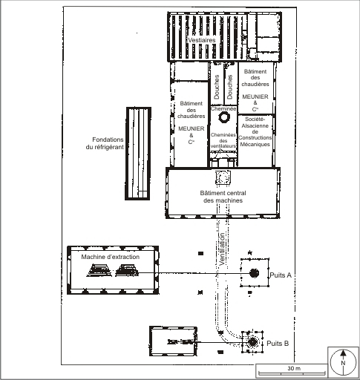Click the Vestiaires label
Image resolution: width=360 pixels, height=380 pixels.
(202, 40)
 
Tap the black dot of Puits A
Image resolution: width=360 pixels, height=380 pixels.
(254, 273)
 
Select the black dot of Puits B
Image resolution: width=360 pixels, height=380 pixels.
(252, 342)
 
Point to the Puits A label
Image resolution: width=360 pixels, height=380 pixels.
(281, 275)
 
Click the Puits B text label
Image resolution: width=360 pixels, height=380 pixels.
(278, 344)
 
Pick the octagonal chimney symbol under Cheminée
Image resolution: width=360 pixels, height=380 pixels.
(224, 117)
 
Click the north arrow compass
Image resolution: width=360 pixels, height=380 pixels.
(343, 363)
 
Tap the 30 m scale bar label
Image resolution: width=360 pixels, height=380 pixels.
(294, 368)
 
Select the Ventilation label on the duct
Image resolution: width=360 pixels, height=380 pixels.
(222, 249)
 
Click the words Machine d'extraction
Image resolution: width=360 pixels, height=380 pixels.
(111, 257)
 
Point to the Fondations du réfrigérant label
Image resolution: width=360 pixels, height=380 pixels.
(105, 143)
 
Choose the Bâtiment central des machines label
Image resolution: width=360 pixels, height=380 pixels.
(223, 197)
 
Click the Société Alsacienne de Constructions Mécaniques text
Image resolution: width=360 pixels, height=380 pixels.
(255, 131)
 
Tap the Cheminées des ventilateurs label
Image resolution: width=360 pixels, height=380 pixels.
(223, 140)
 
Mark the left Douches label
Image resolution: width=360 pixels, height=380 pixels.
(217, 87)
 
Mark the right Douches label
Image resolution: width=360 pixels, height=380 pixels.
(230, 87)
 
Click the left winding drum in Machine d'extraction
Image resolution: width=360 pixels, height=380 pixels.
(99, 270)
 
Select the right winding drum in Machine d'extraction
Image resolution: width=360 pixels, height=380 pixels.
(127, 270)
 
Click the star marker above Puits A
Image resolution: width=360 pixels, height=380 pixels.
(250, 252)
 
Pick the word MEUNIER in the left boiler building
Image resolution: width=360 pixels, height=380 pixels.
(192, 128)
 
